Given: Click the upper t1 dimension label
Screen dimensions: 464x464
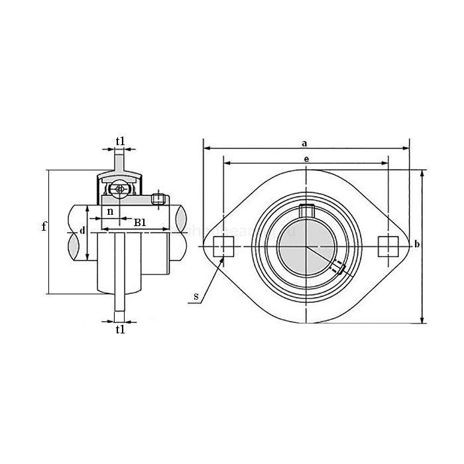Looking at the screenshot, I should [120, 141].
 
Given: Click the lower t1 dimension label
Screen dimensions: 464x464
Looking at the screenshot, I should [120, 329].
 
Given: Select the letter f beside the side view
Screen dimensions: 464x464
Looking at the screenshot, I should [44, 227].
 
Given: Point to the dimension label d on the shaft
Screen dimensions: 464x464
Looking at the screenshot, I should [82, 230].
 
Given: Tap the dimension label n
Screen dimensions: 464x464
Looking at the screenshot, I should [110, 211].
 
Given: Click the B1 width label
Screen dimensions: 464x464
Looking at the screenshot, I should [140, 222].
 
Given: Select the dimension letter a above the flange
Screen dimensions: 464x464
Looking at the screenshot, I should [304, 142].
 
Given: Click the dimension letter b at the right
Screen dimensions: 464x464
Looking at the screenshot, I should [416, 245].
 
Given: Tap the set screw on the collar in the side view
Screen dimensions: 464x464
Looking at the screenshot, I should [158, 198].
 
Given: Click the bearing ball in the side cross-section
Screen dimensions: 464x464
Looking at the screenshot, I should [119, 189].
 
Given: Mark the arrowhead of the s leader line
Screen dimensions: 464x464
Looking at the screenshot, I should [224, 259].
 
